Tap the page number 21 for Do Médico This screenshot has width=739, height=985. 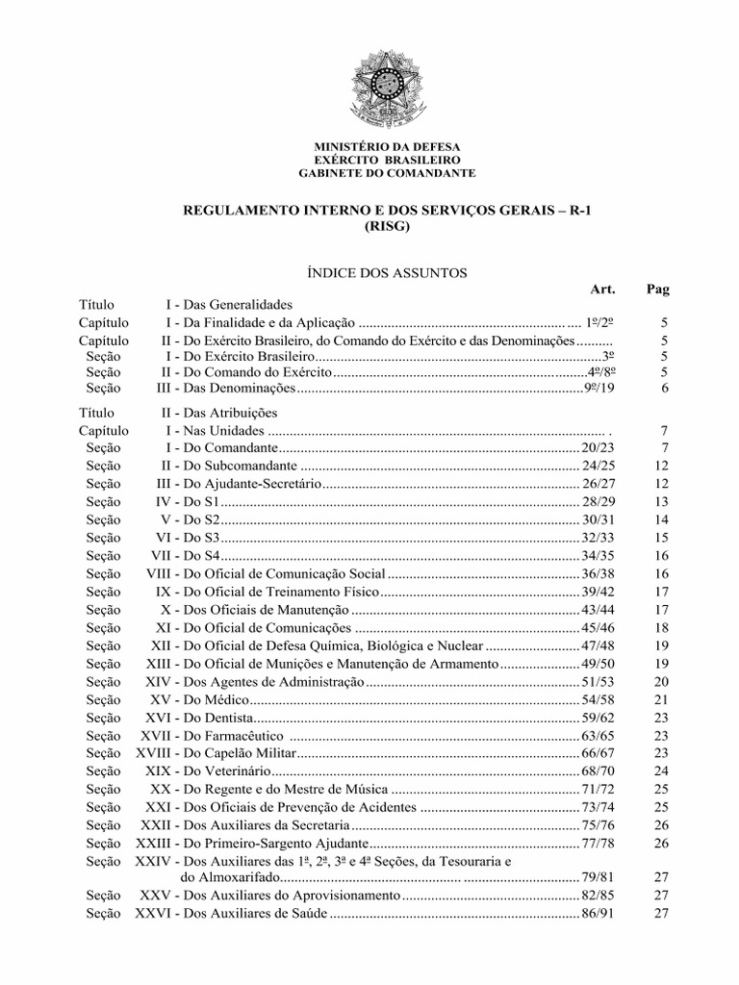pos(660,698)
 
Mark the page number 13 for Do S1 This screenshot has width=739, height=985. pos(660,501)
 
